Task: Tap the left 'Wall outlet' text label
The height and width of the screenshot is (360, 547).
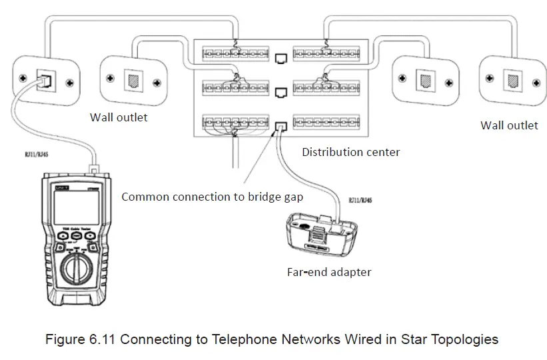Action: click(119, 117)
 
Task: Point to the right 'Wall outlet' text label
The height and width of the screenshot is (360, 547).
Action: click(509, 125)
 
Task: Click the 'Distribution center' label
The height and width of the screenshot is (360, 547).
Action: click(350, 152)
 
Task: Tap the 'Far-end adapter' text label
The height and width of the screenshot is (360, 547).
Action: click(328, 271)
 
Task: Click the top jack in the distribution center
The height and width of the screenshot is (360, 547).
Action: click(281, 57)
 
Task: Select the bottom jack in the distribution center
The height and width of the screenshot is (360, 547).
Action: click(281, 125)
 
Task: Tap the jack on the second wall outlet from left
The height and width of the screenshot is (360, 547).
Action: click(131, 81)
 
